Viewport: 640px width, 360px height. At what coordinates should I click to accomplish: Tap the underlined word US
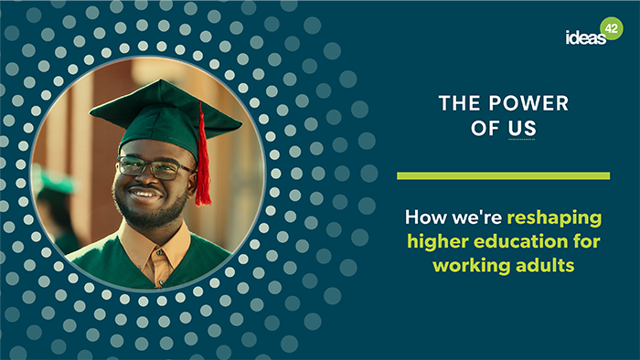pos(522,130)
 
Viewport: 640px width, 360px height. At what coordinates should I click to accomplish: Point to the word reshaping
pos(554,219)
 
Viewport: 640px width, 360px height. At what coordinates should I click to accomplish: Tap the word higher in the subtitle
pos(439,242)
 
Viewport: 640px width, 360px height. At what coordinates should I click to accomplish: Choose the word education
pos(523,242)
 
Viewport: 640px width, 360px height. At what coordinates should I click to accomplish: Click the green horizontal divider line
pos(503,175)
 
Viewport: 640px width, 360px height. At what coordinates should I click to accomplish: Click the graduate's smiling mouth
pos(145,195)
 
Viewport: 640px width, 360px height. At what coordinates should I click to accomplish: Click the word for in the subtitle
pos(581,242)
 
